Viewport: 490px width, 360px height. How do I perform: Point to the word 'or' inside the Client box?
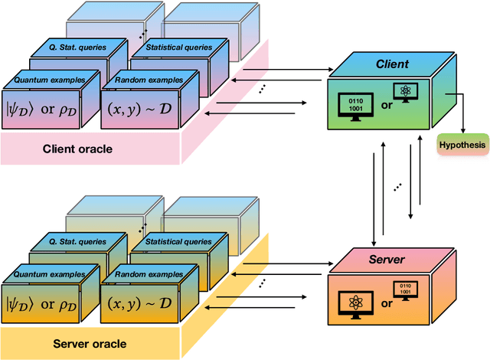click(x=386, y=106)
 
